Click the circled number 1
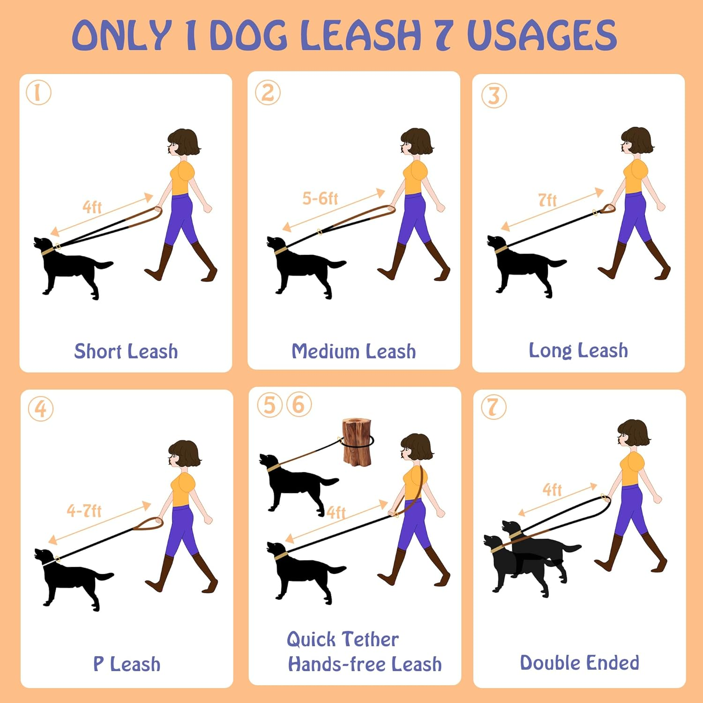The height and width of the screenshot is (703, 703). (x=38, y=92)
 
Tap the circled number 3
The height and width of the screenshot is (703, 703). (x=494, y=96)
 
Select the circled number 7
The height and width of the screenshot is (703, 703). (x=494, y=407)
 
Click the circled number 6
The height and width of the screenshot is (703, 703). (x=299, y=405)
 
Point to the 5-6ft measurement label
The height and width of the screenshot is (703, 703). (x=320, y=199)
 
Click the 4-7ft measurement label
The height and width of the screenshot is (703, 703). (x=84, y=510)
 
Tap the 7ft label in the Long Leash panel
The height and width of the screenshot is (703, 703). (x=547, y=200)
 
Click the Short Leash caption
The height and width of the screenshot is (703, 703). (x=126, y=351)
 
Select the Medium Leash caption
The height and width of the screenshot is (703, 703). (x=353, y=351)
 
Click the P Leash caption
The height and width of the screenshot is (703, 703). (x=127, y=664)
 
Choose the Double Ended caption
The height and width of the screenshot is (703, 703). (x=579, y=663)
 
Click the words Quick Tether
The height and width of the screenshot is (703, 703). (x=343, y=639)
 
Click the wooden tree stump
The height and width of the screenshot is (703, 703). (x=357, y=442)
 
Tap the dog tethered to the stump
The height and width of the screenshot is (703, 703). (x=295, y=483)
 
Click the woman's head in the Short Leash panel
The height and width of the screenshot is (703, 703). (x=183, y=142)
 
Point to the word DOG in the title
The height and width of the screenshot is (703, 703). (x=248, y=35)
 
